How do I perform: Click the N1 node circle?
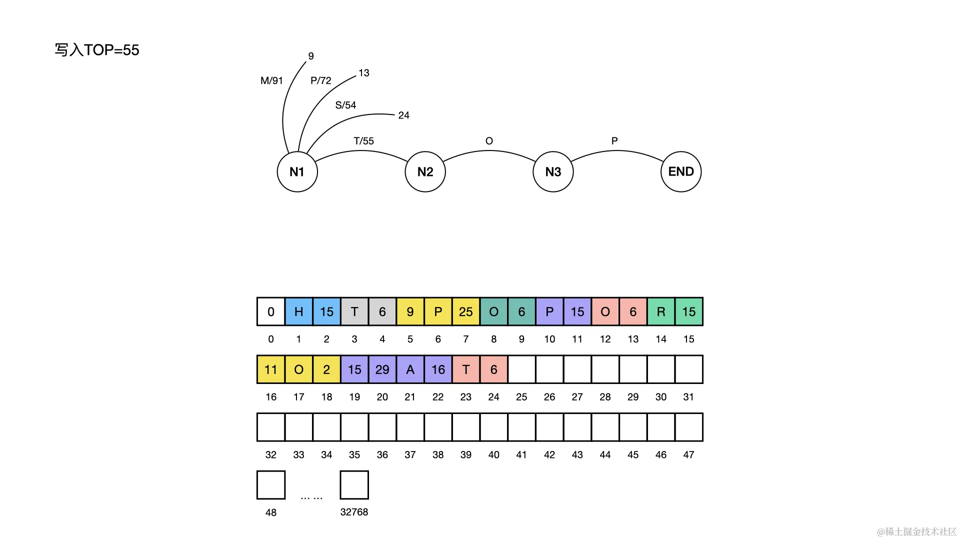click(297, 171)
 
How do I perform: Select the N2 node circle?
click(425, 171)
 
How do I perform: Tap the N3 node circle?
click(553, 171)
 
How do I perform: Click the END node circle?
click(681, 171)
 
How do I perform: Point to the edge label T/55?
click(363, 141)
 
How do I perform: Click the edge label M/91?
click(271, 80)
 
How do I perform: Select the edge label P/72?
click(320, 80)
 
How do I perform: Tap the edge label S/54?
click(345, 105)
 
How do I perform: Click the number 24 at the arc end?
click(403, 115)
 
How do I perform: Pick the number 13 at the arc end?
click(363, 73)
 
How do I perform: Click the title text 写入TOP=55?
click(97, 50)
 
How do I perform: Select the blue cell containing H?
click(298, 311)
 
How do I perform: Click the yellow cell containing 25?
click(465, 311)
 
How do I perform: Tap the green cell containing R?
click(660, 311)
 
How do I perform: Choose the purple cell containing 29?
click(382, 369)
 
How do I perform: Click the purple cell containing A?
click(410, 369)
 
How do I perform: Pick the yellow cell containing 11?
click(270, 369)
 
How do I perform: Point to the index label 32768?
click(354, 512)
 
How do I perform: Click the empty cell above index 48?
click(271, 484)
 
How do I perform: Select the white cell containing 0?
click(270, 311)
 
